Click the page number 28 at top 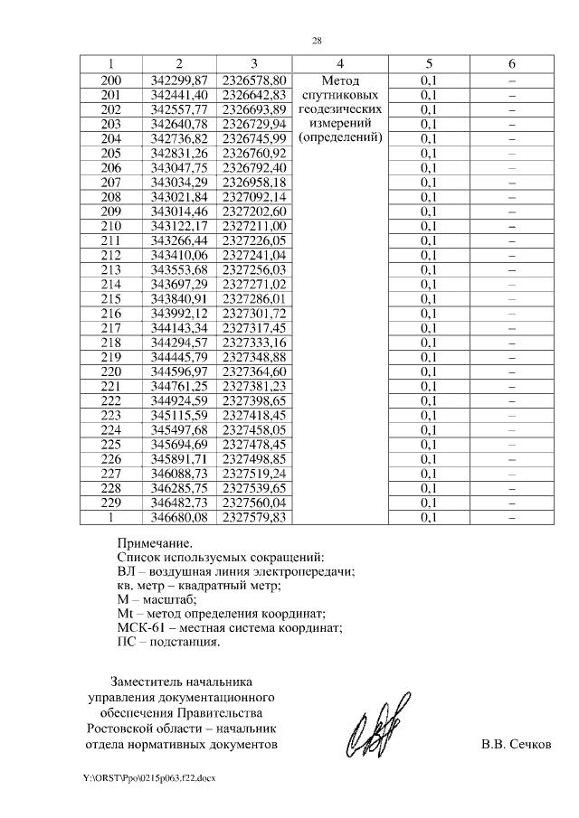(317, 41)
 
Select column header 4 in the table (339, 64)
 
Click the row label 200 (111, 80)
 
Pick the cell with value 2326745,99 (254, 137)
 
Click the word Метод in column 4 (339, 80)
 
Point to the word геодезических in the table (339, 108)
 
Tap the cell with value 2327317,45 (254, 327)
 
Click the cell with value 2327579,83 (254, 517)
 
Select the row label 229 (111, 503)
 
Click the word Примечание (155, 543)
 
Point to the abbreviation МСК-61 (143, 628)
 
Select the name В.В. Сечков (515, 746)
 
